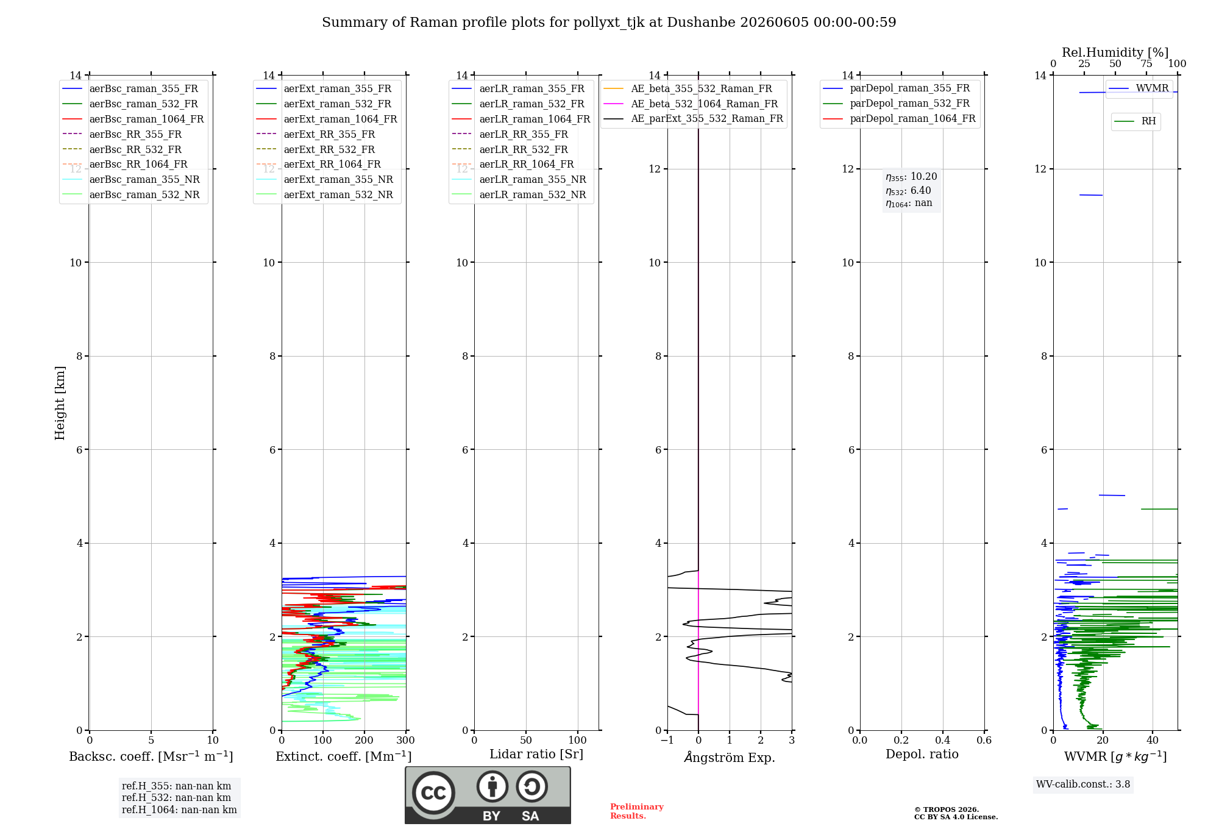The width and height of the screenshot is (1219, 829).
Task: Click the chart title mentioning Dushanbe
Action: pyautogui.click(x=609, y=23)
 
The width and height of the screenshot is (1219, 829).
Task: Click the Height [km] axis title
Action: pyautogui.click(x=60, y=403)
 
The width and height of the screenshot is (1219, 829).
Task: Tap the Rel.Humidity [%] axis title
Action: pyautogui.click(x=1115, y=52)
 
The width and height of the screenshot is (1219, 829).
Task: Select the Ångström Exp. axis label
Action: pyautogui.click(x=730, y=757)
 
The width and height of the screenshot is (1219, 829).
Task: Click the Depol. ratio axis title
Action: pyautogui.click(x=922, y=754)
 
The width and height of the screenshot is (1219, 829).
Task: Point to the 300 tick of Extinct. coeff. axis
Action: pyautogui.click(x=405, y=741)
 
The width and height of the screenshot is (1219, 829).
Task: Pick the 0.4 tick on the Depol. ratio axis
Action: pyautogui.click(x=943, y=741)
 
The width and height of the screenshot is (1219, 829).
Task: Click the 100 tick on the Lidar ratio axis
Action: pyautogui.click(x=578, y=741)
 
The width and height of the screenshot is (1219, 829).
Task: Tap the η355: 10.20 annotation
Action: pyautogui.click(x=911, y=177)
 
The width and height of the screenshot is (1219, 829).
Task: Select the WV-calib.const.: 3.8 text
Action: pyautogui.click(x=1083, y=785)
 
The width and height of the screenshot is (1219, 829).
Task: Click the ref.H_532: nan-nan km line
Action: pyautogui.click(x=176, y=798)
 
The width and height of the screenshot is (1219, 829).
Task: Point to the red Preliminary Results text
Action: pyautogui.click(x=637, y=811)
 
